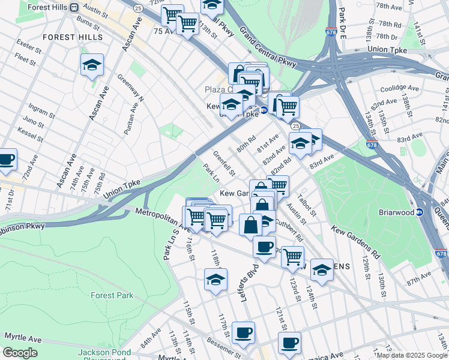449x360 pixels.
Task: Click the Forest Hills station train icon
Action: pyautogui.click(x=74, y=8)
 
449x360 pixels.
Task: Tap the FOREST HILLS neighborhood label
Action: pyautogui.click(x=68, y=37)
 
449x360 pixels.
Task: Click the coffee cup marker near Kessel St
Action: pyautogui.click(x=6, y=160)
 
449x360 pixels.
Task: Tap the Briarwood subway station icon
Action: pyautogui.click(x=421, y=212)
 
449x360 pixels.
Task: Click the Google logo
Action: pyautogui.click(x=20, y=353)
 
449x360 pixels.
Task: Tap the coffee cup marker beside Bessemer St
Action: pyautogui.click(x=243, y=333)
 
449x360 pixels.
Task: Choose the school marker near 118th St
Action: pyautogui.click(x=215, y=280)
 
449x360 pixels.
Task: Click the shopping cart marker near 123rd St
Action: pyautogui.click(x=292, y=256)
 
